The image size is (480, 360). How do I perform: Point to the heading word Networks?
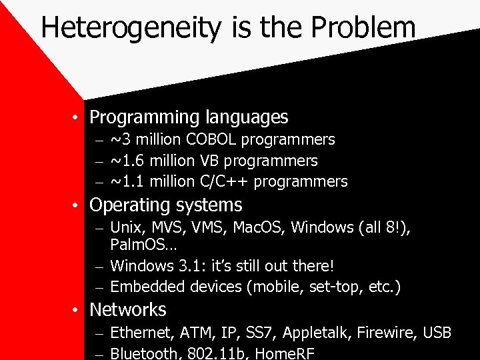click(x=128, y=310)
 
